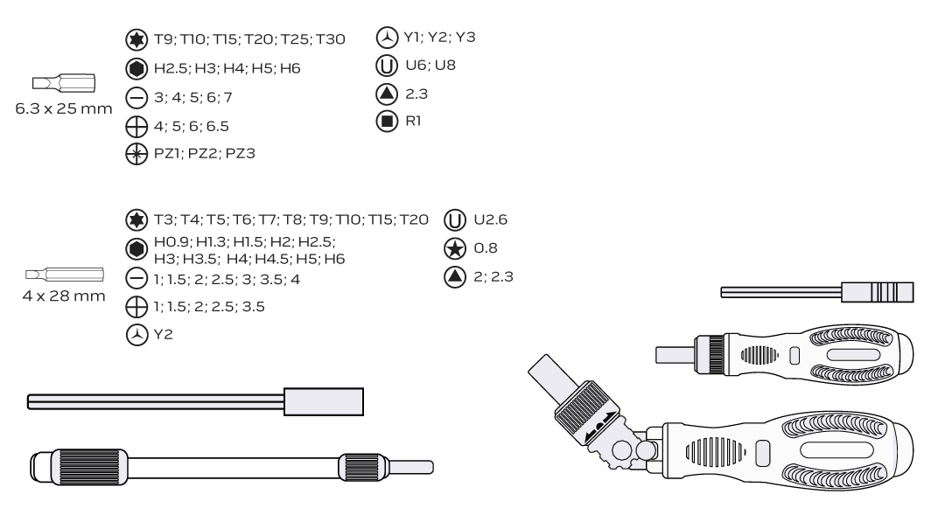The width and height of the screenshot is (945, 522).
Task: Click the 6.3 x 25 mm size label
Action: coord(64,109)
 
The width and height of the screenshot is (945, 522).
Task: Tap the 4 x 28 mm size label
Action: coord(64,296)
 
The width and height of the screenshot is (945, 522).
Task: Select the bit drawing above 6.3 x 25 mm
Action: coord(64,83)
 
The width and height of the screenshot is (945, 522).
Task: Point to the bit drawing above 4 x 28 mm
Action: coord(65,275)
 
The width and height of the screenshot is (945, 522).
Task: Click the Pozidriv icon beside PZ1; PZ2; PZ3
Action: coord(136,154)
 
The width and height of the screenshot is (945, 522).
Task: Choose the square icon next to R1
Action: coord(387,121)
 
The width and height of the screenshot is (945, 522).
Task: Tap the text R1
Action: coord(413,121)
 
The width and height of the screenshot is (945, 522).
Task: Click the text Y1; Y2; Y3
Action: coord(440,38)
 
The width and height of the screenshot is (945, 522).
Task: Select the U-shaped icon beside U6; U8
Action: coord(387,66)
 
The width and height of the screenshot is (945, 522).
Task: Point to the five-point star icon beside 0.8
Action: coord(455,248)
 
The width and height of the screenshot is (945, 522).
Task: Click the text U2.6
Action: coord(491,219)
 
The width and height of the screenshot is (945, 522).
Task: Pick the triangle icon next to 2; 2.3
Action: coord(455,277)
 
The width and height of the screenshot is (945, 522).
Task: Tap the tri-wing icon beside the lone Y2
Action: coord(136,335)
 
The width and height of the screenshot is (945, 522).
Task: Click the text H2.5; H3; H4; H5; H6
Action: coord(227,68)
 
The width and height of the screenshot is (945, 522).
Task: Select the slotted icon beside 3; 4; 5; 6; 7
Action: coord(136,98)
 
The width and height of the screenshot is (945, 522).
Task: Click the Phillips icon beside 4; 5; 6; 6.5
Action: coord(136,127)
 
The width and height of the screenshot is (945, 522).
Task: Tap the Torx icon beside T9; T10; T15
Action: coord(136,39)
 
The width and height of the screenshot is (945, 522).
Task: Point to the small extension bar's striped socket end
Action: coord(878,293)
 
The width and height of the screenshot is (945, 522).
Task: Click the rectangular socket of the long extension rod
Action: coord(324,401)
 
